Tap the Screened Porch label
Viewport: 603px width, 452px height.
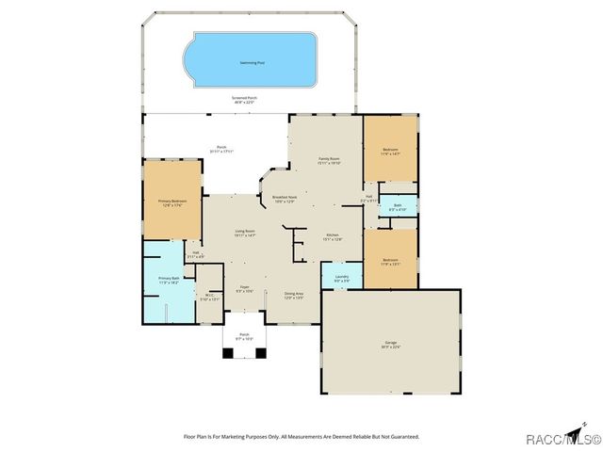coord(245,99)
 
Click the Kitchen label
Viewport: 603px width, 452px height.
coord(333,236)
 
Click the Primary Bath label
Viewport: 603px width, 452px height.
coord(169,280)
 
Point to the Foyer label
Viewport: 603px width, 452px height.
coord(244,288)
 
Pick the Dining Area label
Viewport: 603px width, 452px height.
coord(294,296)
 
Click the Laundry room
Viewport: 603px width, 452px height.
coord(341,277)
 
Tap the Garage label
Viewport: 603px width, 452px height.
coord(390,345)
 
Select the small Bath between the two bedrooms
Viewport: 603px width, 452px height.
coord(398,206)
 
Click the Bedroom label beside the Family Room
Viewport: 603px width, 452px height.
coord(390,151)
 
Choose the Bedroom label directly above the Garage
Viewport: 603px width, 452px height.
coord(390,261)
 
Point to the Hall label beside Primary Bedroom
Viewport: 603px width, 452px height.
coord(196,253)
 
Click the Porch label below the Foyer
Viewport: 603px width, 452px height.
coord(244,336)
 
